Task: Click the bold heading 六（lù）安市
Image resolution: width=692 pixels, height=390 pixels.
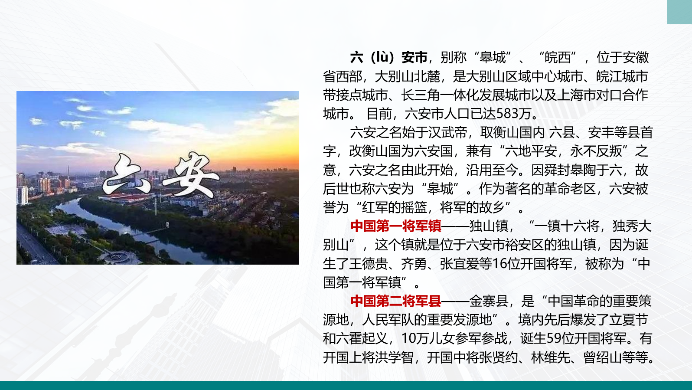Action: (388, 57)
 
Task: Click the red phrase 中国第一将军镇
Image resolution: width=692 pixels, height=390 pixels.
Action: (396, 226)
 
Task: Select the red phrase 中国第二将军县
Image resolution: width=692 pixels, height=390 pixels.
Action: (396, 301)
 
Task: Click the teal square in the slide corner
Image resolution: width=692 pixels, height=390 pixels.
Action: (680, 12)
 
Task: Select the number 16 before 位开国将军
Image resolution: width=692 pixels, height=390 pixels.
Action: (499, 264)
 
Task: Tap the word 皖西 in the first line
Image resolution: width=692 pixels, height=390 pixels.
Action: (557, 57)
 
